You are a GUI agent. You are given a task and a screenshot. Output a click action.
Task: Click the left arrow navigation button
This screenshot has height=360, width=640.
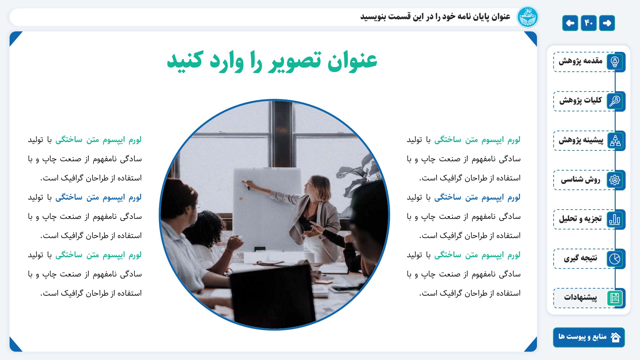[570, 23]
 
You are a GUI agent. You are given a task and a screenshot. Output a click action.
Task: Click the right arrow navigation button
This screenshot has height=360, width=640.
[607, 23]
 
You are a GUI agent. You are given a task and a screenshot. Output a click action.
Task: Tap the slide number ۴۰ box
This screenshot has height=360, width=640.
[588, 23]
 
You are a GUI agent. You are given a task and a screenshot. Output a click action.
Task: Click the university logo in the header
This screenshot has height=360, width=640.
[527, 17]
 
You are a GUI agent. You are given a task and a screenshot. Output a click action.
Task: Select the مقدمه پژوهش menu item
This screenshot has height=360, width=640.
[580, 61]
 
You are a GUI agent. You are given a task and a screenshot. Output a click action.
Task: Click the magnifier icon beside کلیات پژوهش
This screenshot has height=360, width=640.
[615, 101]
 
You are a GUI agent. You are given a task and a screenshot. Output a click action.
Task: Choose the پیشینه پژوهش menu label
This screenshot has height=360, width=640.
[581, 140]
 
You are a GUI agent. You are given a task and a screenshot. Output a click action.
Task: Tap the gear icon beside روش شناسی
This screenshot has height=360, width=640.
[615, 180]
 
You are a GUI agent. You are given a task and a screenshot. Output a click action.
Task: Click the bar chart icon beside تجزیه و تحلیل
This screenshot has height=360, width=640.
[615, 219]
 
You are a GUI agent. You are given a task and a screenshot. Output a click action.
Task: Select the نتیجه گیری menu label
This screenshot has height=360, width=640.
[580, 258]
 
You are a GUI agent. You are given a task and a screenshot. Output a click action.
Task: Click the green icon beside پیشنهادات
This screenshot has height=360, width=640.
[615, 298]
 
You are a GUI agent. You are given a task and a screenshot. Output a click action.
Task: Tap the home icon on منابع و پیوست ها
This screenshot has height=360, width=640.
[616, 337]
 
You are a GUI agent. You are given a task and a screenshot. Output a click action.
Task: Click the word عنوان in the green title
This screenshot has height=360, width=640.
[352, 60]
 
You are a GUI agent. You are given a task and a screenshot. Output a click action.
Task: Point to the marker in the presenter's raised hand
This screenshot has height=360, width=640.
[246, 184]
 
